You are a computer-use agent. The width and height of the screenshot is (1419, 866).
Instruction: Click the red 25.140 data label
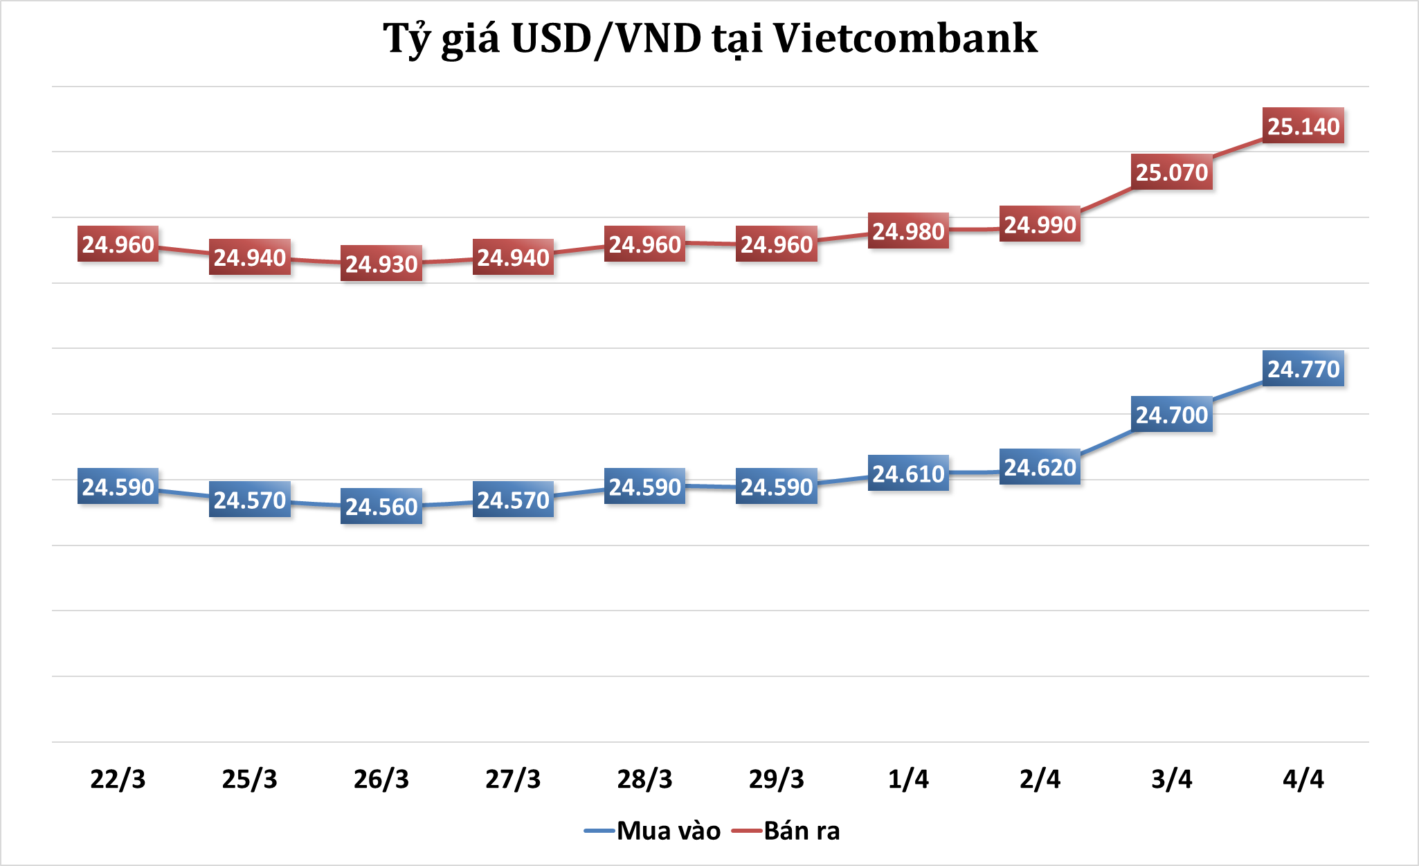1303,126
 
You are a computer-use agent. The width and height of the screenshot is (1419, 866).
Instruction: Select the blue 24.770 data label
1303,369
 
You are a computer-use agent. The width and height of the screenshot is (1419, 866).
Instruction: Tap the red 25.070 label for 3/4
1171,172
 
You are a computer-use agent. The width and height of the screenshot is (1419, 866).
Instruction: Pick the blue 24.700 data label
1171,415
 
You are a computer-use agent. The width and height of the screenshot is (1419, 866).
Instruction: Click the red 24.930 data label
381,264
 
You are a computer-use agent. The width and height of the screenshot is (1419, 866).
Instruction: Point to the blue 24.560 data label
381,507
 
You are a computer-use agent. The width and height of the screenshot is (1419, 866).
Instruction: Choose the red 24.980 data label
908,231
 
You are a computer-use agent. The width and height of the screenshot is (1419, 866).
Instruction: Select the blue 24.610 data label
908,473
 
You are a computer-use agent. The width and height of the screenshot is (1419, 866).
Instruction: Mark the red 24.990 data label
1040,225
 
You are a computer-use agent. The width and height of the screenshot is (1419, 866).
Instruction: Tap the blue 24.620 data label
1040,467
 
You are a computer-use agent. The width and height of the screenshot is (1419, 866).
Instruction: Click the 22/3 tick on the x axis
118,779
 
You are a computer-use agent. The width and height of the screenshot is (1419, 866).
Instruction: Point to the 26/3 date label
381,779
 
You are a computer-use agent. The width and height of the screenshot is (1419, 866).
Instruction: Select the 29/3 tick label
777,779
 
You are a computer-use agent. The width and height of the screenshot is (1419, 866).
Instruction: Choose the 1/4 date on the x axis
908,779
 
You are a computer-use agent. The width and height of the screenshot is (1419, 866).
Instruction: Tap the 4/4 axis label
1303,779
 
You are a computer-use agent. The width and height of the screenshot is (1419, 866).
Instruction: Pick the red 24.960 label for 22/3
118,244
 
